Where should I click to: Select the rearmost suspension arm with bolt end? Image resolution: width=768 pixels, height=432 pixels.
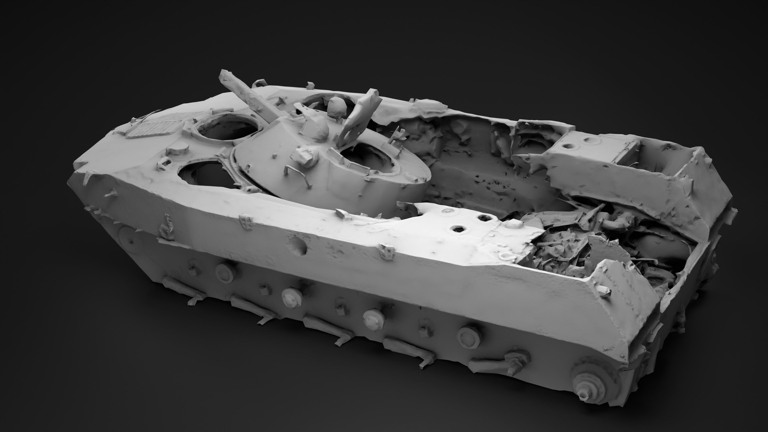point(504,362)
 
